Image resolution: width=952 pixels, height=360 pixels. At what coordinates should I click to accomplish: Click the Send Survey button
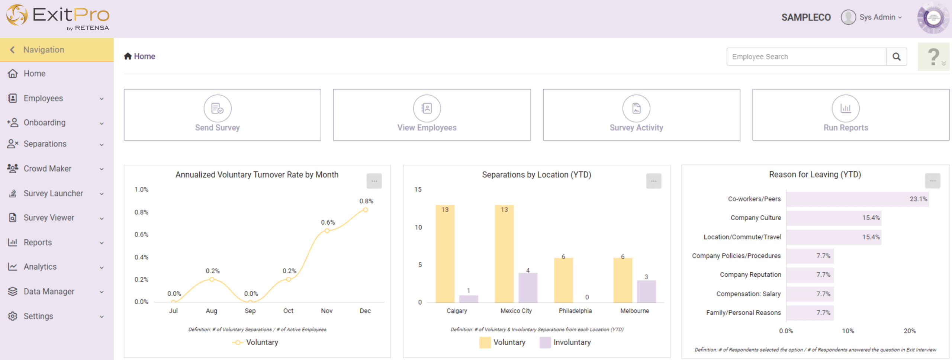click(222, 115)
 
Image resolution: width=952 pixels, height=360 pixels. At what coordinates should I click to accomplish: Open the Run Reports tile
click(850, 115)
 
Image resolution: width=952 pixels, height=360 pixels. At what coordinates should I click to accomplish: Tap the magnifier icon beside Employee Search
click(896, 57)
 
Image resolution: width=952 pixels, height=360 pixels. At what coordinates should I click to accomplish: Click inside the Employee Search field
click(806, 57)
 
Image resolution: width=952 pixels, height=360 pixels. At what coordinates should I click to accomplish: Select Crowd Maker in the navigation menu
click(48, 168)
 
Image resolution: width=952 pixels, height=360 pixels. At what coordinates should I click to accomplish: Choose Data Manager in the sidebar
click(49, 292)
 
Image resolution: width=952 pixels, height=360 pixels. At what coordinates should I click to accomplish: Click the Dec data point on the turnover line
click(366, 210)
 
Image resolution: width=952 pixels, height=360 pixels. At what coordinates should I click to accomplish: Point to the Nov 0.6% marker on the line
click(327, 231)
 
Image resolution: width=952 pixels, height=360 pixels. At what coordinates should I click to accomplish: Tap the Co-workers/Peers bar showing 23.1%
click(857, 199)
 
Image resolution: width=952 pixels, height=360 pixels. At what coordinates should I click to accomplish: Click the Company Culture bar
click(833, 218)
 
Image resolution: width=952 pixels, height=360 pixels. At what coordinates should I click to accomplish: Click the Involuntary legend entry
click(565, 343)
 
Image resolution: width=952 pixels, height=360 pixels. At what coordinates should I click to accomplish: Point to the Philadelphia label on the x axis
click(575, 311)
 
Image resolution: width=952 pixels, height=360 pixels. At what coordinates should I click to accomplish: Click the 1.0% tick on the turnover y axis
click(141, 190)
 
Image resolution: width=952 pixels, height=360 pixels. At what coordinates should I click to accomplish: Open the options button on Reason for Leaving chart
click(932, 181)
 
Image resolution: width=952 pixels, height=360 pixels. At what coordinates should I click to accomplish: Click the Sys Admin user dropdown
click(872, 17)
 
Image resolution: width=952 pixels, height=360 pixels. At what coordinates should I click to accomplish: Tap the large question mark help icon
click(933, 57)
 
